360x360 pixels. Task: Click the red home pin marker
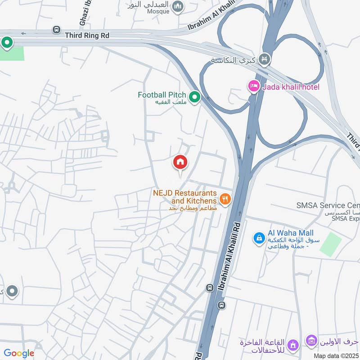point(180,162)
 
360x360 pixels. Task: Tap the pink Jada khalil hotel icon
point(254,86)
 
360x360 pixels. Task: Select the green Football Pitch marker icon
point(194,96)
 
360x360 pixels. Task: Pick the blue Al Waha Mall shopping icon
point(259,238)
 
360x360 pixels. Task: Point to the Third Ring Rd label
point(87,35)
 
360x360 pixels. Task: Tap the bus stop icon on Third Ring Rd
point(56,30)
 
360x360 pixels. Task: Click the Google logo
point(19,353)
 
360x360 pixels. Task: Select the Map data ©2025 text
point(336,355)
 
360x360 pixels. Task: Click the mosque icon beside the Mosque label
point(179,6)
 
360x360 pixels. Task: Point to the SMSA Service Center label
point(328,206)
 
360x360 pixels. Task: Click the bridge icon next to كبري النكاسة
point(265,59)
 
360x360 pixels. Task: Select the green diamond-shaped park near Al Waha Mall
point(331,244)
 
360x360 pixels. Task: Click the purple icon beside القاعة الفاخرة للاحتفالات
point(293,345)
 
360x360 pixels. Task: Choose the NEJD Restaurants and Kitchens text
point(184,197)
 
